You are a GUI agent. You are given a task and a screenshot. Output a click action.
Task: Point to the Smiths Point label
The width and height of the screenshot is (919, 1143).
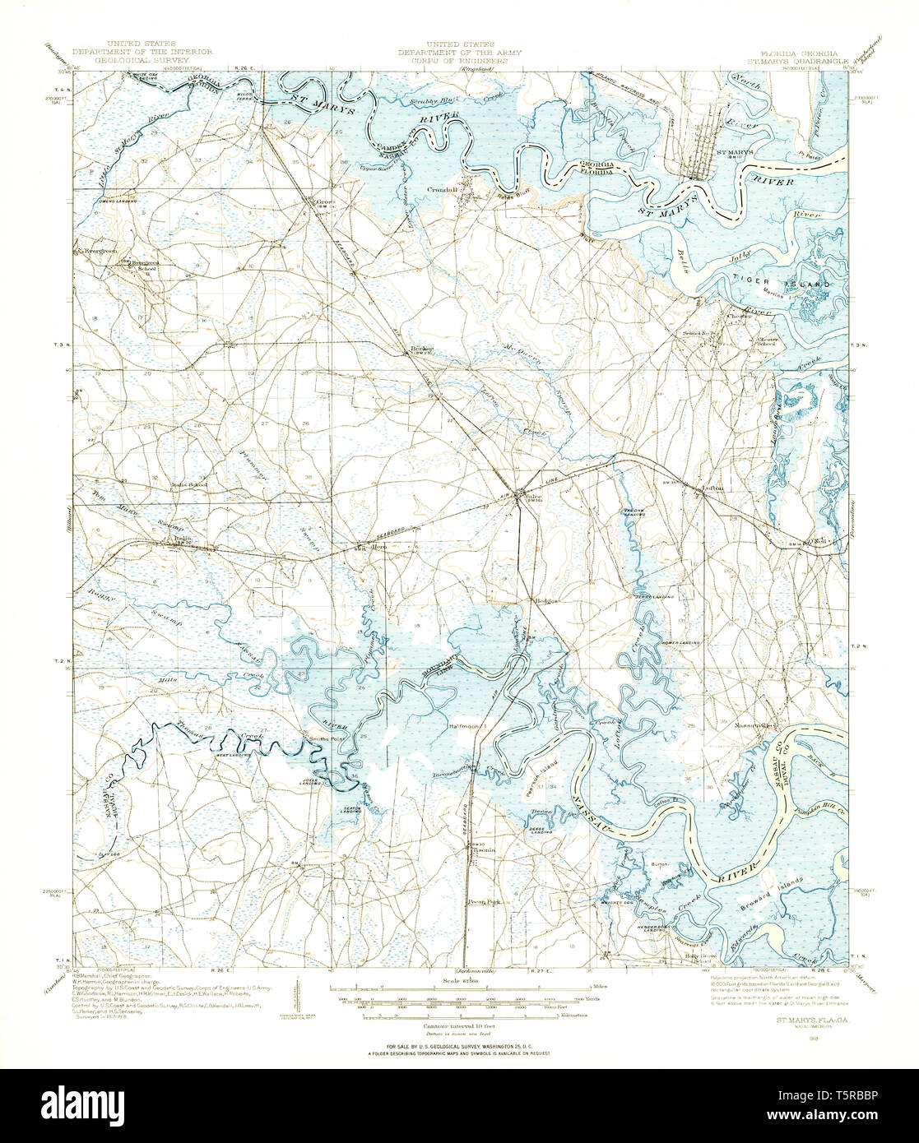click(x=325, y=739)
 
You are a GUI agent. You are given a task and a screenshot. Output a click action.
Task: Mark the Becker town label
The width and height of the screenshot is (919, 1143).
click(x=422, y=349)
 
